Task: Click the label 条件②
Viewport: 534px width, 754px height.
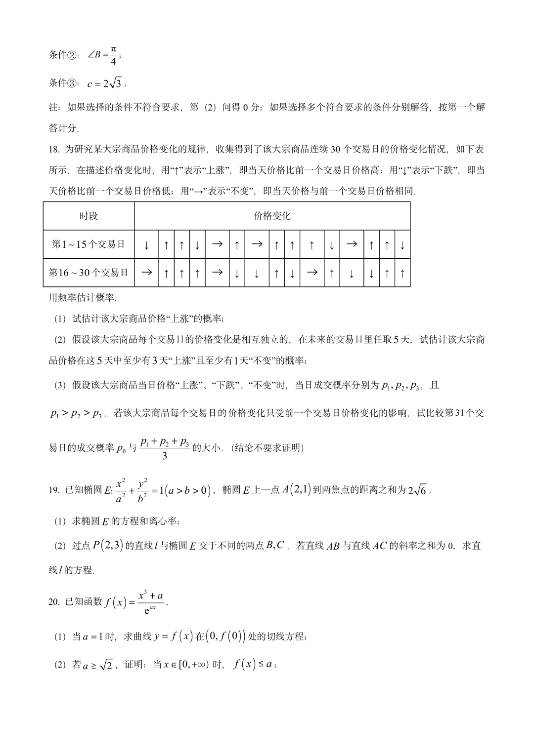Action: click(63, 55)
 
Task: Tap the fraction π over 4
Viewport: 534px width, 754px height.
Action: click(113, 55)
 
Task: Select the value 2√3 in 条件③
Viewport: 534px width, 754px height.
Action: click(112, 83)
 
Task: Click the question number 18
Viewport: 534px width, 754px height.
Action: click(54, 149)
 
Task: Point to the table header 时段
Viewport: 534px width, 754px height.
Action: click(89, 216)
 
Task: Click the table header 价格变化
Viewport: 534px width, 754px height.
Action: click(272, 216)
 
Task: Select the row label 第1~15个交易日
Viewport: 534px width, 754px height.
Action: click(89, 244)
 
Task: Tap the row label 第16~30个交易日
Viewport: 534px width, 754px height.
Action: click(89, 273)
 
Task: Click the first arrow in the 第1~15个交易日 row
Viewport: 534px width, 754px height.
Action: click(146, 245)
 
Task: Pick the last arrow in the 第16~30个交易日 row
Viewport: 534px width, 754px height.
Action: click(402, 273)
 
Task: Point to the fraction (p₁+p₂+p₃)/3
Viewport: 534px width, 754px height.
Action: click(165, 448)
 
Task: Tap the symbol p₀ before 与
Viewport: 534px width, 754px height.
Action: click(122, 448)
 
